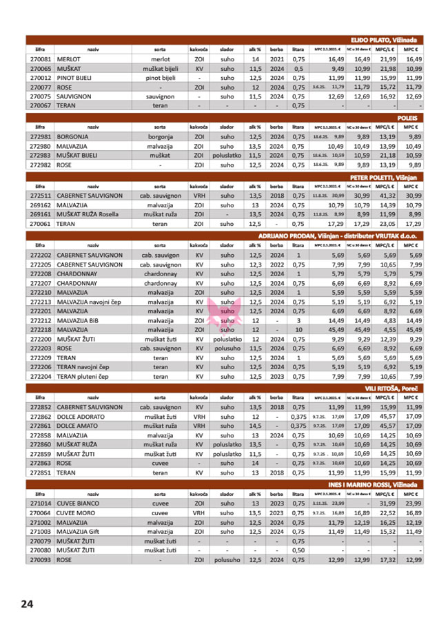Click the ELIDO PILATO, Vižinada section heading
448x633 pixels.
tap(385, 41)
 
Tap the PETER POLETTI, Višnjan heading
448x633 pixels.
tap(389, 178)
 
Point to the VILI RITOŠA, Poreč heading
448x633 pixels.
tap(393, 389)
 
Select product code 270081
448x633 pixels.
tap(41, 60)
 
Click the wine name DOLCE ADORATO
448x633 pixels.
tap(81, 417)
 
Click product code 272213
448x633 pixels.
tap(41, 302)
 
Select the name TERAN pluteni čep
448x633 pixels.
tap(83, 377)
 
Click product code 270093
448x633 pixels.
tap(41, 560)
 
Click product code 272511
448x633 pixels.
tap(41, 196)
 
